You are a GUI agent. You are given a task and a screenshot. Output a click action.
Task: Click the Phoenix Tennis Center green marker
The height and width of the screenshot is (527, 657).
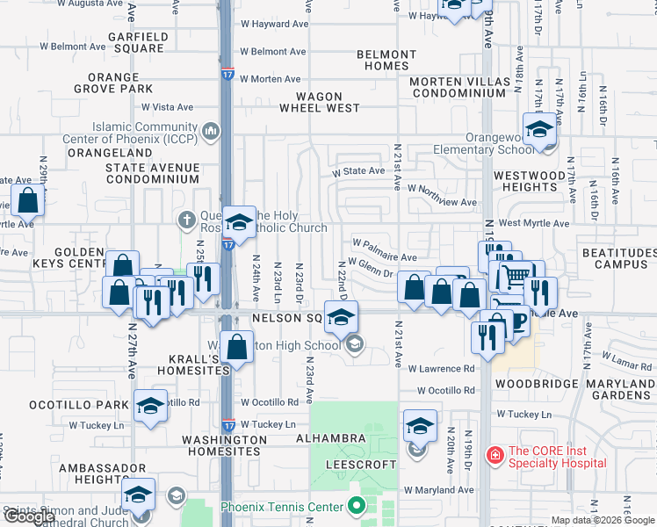click(356, 506)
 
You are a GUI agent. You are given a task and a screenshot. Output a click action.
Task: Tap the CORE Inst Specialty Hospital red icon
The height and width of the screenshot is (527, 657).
click(495, 454)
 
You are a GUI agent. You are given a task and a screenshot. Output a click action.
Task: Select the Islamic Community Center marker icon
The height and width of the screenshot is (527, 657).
click(211, 133)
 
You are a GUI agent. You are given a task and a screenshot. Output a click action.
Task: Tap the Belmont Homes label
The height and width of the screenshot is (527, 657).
click(386, 60)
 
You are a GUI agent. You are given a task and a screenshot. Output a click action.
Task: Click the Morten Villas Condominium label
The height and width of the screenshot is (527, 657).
click(460, 88)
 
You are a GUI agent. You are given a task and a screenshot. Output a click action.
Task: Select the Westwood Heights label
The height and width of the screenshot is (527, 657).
click(530, 181)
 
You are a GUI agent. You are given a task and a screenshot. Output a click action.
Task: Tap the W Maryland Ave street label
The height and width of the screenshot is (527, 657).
click(438, 490)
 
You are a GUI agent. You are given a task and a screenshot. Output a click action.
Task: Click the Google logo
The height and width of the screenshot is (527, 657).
click(29, 517)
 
